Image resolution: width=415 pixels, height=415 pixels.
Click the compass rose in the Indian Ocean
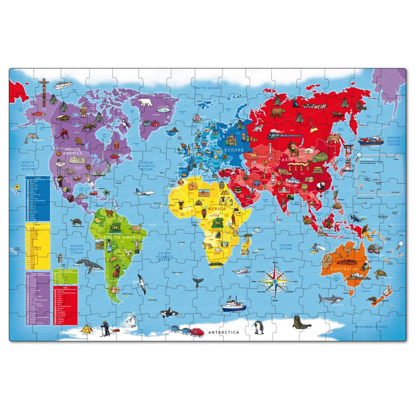pos(275,281)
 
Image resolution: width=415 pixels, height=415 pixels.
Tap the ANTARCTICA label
pos(224,332)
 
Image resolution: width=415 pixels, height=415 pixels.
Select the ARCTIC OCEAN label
pos(207,88)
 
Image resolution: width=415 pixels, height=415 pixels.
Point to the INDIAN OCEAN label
pos(286,247)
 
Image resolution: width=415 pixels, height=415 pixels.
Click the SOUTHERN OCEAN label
pos(371,327)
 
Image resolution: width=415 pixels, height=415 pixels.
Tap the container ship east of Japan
pos(371,141)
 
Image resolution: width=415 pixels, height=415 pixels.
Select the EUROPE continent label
pos(234,150)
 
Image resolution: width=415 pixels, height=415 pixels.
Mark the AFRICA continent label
pos(217,208)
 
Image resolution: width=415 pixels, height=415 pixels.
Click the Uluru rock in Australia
pos(346,262)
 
